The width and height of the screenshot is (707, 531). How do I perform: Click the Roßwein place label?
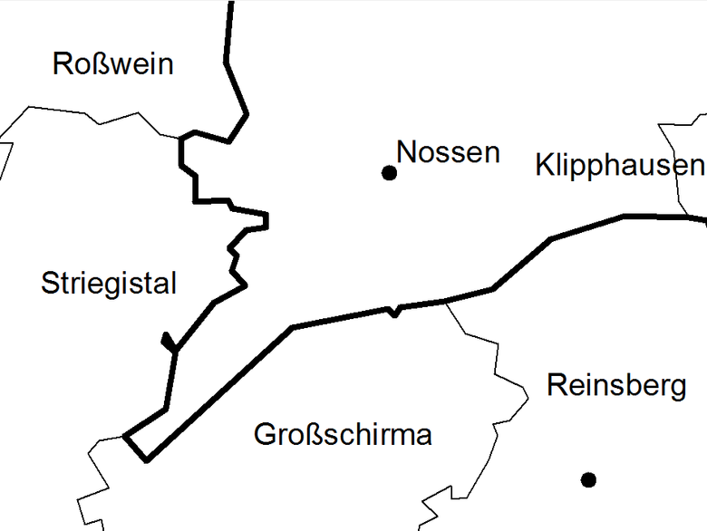coord(112,64)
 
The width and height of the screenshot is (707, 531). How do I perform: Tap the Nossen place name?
coord(449,152)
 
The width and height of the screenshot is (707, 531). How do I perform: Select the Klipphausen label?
coord(619,166)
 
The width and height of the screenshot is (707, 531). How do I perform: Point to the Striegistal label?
coord(109,284)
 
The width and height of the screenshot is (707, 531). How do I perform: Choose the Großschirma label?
coord(343,435)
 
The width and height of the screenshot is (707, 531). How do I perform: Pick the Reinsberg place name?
coord(616,386)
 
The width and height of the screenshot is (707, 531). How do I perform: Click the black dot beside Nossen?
coord(390,172)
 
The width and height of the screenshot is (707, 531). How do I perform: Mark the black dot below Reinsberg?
coord(588,478)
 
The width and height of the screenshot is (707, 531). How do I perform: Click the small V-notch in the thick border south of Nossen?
coord(393,314)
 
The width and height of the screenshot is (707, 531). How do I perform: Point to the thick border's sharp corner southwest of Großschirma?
coord(146,459)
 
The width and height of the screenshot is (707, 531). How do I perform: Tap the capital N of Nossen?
coord(407,152)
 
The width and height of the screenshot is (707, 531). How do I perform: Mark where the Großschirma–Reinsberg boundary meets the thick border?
coord(444,301)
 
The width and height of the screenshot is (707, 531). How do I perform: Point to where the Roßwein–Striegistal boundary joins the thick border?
coord(181,137)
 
